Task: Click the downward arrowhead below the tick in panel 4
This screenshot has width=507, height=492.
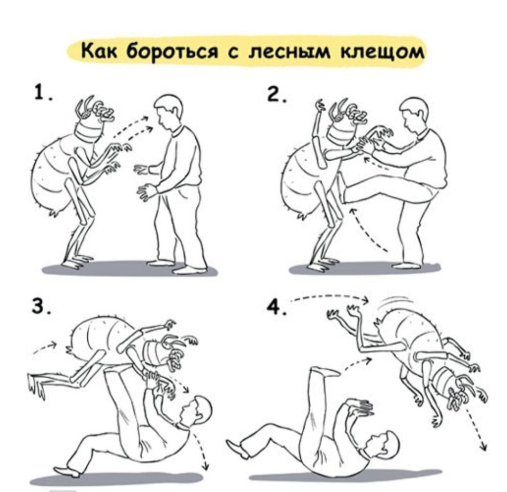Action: pyautogui.click(x=482, y=446)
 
